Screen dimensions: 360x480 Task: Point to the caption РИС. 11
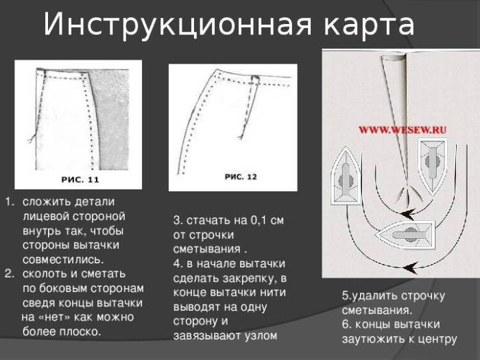pos(80,180)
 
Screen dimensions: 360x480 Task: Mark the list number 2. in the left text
pos(9,274)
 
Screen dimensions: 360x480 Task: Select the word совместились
pos(63,260)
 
